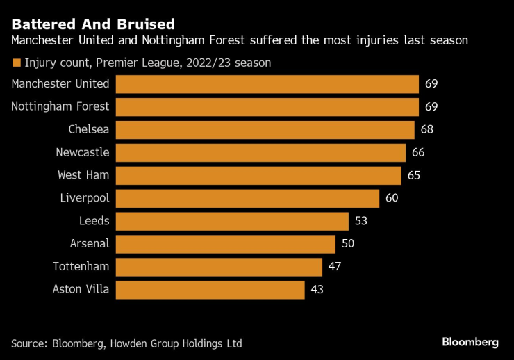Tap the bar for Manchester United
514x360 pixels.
pos(267,84)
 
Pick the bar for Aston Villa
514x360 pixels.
pos(210,290)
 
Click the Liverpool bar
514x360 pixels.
pos(247,198)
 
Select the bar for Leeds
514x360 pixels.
pos(232,221)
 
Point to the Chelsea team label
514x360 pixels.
pos(89,129)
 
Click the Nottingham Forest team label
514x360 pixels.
pos(60,106)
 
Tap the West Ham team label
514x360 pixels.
pos(83,175)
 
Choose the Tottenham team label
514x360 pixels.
pos(81,266)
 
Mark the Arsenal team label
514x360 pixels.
pos(90,243)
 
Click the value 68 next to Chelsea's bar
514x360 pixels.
pos(427,129)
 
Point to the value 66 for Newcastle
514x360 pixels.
pos(417,152)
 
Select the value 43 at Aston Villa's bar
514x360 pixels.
pos(317,290)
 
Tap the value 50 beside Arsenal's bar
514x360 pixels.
pos(347,244)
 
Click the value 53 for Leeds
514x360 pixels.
pos(360,221)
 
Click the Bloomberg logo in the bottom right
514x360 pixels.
pos(470,342)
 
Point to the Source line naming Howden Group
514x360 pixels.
pos(126,343)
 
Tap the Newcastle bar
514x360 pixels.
pos(260,152)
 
